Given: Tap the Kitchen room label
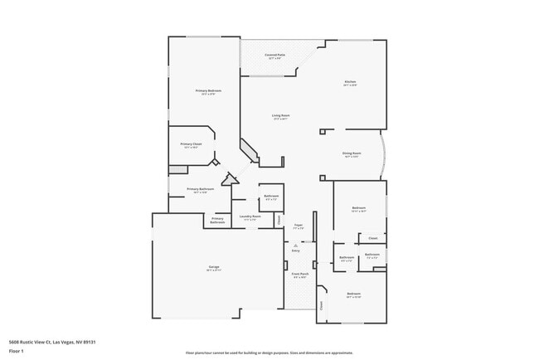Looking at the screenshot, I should tap(351, 82).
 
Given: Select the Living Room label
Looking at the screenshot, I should tap(280, 116).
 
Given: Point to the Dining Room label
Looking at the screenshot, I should tap(352, 153).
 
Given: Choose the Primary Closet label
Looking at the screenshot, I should tap(191, 144).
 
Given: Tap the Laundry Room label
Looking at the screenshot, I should tap(250, 217).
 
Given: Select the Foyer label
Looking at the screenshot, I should tap(298, 225).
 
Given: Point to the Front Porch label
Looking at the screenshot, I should tap(299, 275).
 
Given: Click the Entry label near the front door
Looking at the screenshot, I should tap(296, 251).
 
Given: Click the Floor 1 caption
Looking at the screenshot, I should tap(17, 351).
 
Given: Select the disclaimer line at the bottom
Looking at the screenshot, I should tap(269, 352).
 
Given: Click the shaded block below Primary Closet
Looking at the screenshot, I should tap(177, 170).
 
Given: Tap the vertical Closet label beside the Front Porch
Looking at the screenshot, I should tap(322, 304).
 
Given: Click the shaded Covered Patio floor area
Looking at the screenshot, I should tap(274, 66).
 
